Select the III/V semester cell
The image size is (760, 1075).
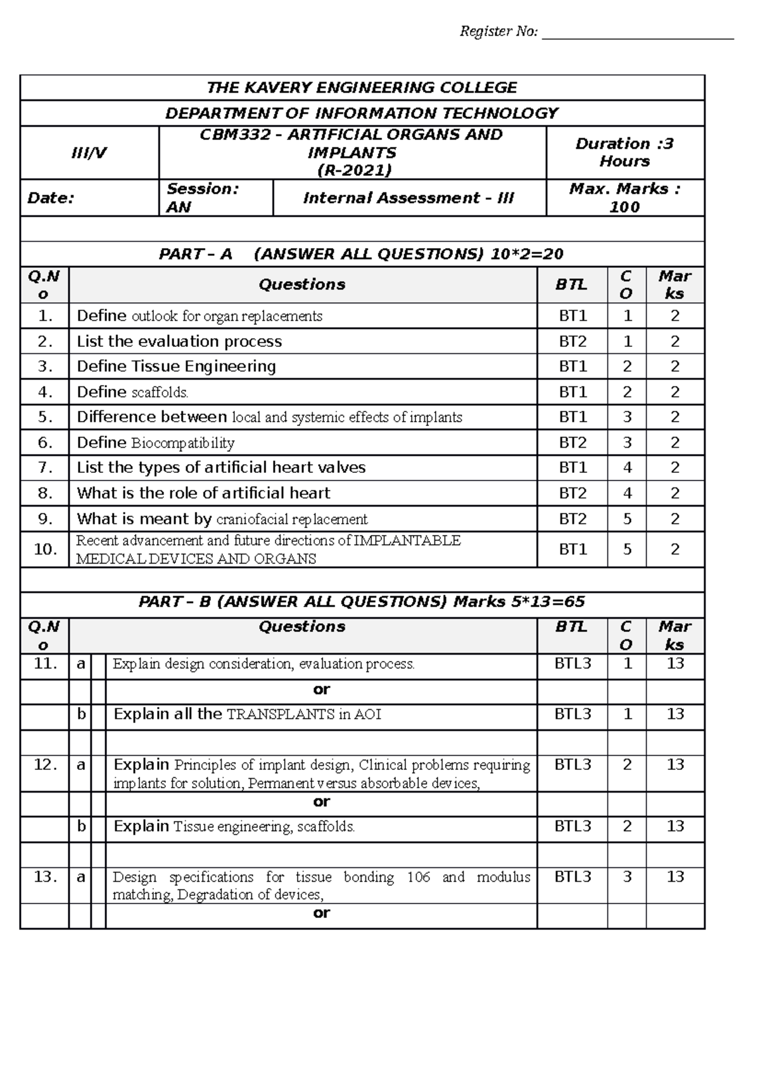tap(89, 153)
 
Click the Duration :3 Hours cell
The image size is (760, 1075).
tap(624, 153)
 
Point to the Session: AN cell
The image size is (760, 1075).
tap(215, 198)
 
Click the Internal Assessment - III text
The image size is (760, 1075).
tap(408, 198)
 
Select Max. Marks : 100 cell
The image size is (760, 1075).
tap(624, 198)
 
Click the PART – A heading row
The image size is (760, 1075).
tap(361, 254)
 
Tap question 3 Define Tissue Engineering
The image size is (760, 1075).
tap(176, 367)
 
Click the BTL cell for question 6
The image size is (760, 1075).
tap(572, 443)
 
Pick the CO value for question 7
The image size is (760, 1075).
tap(627, 468)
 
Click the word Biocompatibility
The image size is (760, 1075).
tap(182, 443)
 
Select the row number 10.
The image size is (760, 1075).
tap(45, 549)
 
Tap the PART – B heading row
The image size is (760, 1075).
tap(361, 601)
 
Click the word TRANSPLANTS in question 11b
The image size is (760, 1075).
tap(281, 715)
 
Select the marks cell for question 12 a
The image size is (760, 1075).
tap(675, 765)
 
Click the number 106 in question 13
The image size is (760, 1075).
tap(418, 877)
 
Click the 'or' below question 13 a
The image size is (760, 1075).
tap(321, 913)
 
